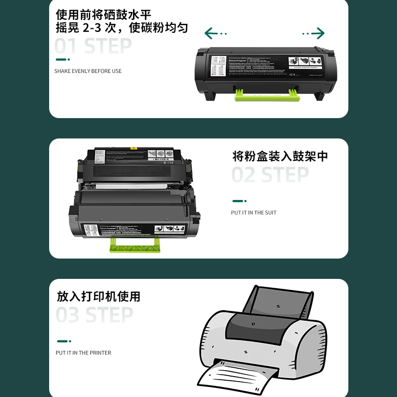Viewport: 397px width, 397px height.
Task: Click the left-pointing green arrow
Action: click(215, 34)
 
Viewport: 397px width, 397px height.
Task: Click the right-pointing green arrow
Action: click(314, 34)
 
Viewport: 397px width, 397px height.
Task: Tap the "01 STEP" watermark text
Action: click(93, 47)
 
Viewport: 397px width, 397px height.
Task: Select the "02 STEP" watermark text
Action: click(270, 175)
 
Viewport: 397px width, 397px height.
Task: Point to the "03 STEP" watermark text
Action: click(94, 315)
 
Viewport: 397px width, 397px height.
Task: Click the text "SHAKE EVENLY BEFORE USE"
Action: click(88, 71)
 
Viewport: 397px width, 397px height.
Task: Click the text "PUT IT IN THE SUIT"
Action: click(254, 213)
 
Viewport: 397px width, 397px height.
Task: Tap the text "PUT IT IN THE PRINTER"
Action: click(83, 353)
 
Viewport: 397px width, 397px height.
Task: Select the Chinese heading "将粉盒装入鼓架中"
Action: click(280, 157)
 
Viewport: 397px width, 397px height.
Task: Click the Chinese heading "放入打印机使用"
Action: click(99, 297)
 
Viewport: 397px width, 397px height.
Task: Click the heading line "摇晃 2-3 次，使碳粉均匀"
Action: click(122, 28)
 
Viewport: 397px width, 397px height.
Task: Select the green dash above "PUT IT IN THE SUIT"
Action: click(239, 201)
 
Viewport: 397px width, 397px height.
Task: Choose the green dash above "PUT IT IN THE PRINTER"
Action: click(64, 341)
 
